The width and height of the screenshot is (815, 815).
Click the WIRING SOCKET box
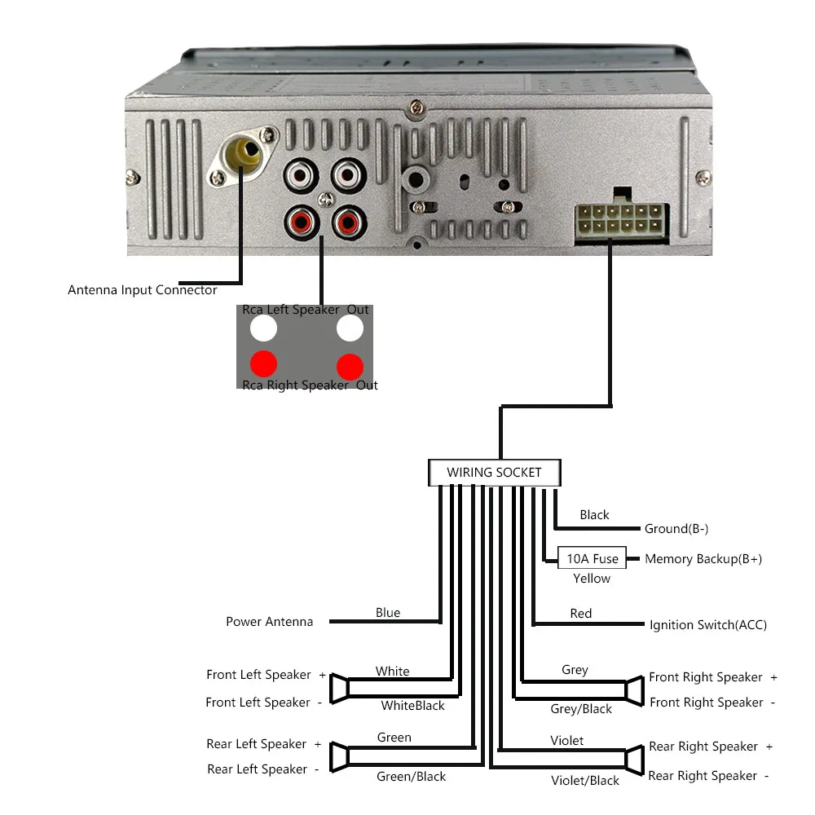495,473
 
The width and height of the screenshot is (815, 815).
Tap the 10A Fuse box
592,558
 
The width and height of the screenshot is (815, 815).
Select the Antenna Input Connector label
143,290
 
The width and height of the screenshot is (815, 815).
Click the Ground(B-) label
676,529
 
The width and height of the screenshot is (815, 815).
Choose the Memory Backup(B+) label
703,559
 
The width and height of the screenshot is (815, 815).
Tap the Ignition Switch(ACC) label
708,625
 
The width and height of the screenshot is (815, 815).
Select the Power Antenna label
269,622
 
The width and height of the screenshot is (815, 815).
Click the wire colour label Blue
388,612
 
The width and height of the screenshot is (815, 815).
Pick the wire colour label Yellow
592,579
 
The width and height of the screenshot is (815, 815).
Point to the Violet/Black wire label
584,781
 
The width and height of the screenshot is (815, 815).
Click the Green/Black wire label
411,777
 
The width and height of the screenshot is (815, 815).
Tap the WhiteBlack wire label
412,705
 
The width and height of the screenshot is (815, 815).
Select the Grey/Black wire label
581,709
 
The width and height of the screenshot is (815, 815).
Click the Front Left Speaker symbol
339,689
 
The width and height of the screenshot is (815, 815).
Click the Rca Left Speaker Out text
305,310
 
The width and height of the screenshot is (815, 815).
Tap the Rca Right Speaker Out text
310,385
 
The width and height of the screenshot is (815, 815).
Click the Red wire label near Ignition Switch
580,614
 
